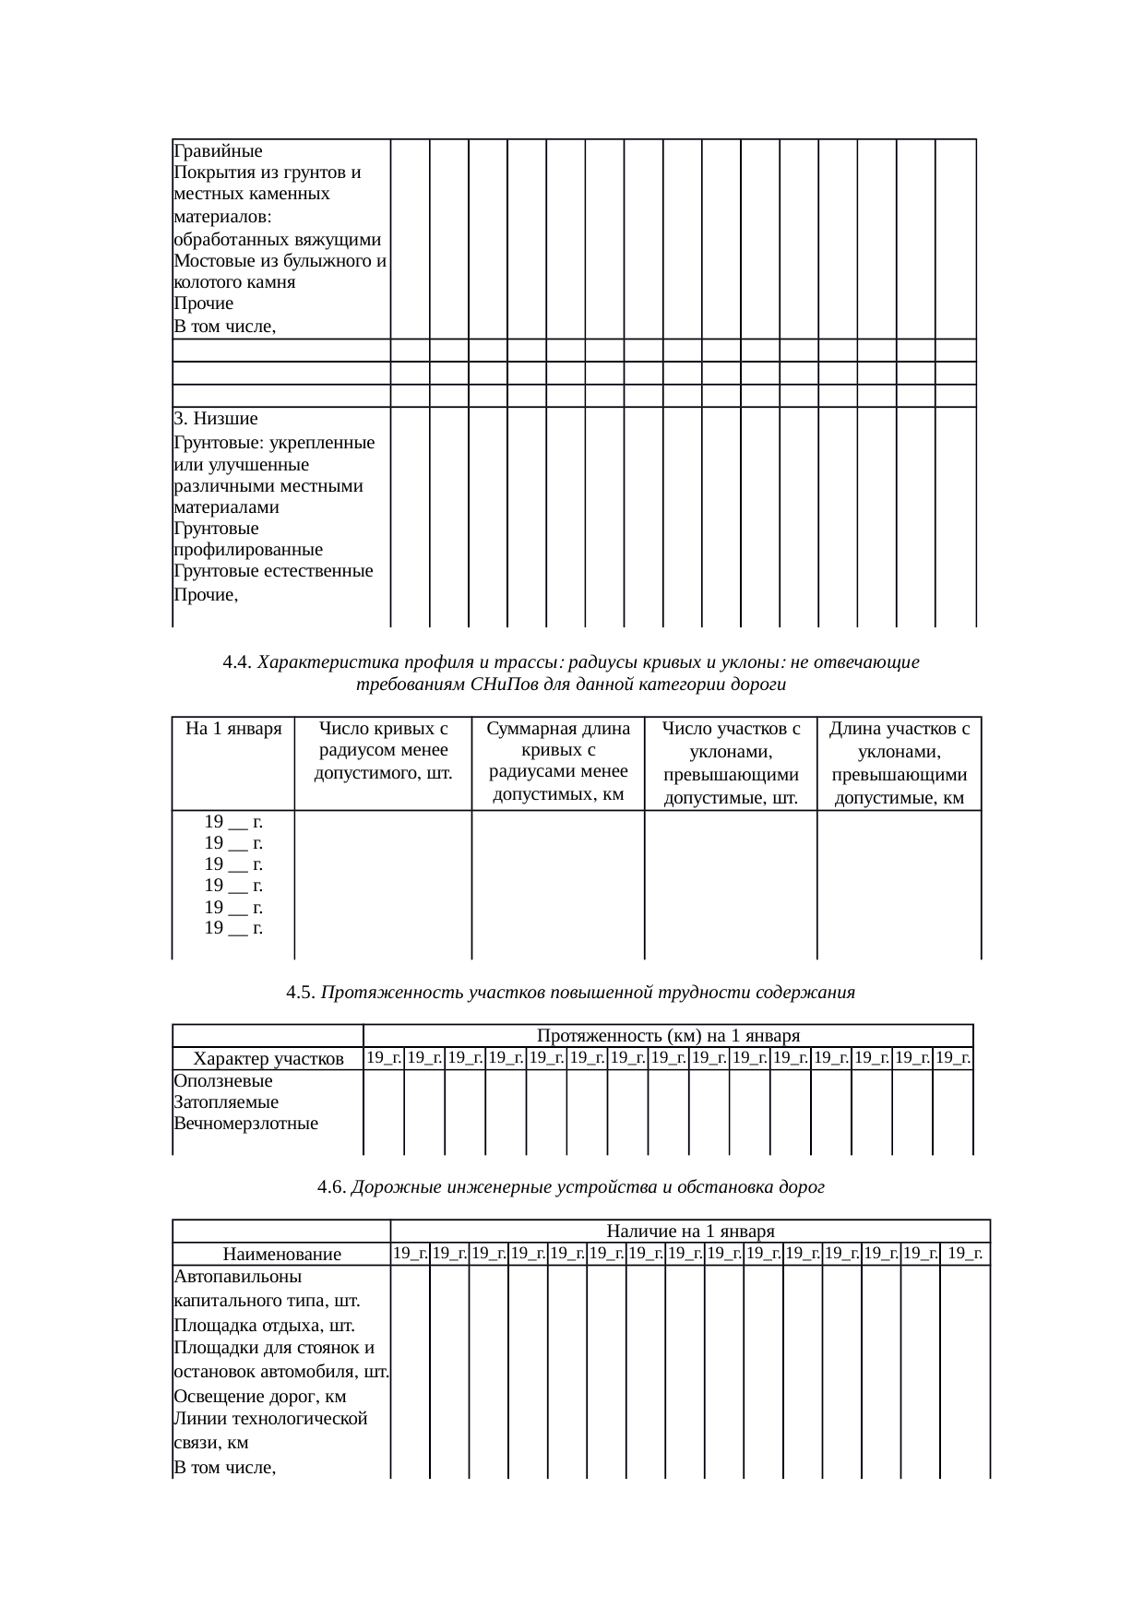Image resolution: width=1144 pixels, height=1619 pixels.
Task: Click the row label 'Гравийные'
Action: click(x=218, y=151)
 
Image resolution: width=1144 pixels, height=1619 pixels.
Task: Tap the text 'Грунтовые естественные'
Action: click(x=273, y=571)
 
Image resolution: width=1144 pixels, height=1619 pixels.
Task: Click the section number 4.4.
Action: click(x=237, y=662)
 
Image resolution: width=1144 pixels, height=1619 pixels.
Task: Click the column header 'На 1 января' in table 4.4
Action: click(x=233, y=729)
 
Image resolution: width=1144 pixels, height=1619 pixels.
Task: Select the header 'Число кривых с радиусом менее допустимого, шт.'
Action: click(x=383, y=751)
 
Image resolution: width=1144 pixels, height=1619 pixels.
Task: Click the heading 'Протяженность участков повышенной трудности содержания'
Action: click(x=588, y=993)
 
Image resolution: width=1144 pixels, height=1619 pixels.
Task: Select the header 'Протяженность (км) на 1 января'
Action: click(x=668, y=1036)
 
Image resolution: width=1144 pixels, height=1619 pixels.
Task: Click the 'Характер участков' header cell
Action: click(x=268, y=1059)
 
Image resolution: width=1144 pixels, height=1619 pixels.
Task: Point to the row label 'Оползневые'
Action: click(x=222, y=1080)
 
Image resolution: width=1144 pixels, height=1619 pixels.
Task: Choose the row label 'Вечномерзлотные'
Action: click(x=245, y=1124)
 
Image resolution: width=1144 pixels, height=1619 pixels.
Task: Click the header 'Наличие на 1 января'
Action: click(x=690, y=1231)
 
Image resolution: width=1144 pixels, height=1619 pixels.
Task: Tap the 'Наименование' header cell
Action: click(x=281, y=1255)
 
